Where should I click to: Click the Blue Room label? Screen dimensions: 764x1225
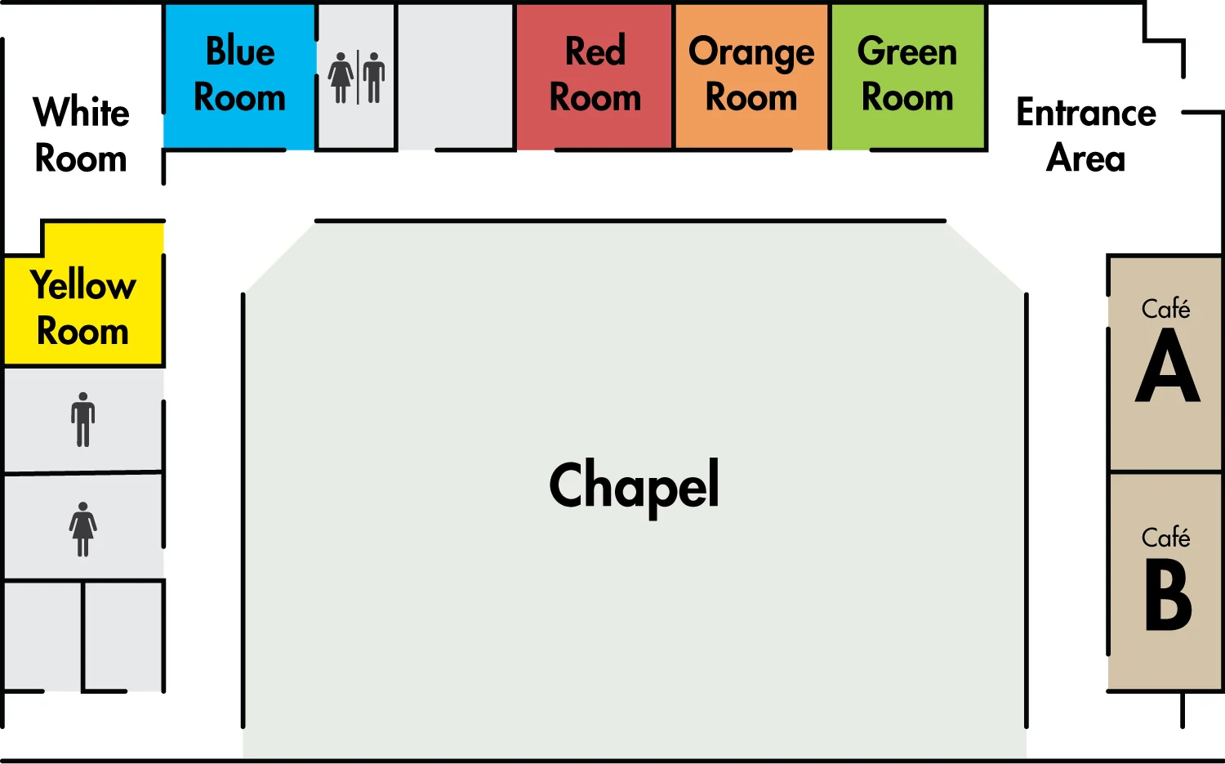(239, 74)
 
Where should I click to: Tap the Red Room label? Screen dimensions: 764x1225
(595, 74)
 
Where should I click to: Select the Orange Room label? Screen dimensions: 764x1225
(751, 74)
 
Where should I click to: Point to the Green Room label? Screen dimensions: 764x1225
(907, 74)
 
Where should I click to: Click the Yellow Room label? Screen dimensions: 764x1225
(82, 308)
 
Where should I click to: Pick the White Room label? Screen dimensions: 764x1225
(81, 135)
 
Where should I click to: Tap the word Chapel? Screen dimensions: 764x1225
(634, 485)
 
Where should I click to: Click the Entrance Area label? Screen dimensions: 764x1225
(1085, 135)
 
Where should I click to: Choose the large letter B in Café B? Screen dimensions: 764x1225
(1168, 595)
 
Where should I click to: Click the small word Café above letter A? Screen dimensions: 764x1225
(1165, 308)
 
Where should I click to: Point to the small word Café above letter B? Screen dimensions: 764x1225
(1165, 537)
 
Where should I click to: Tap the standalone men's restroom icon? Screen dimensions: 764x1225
(82, 420)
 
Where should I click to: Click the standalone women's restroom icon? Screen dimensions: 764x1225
(82, 529)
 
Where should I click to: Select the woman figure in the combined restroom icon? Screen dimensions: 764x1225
(341, 78)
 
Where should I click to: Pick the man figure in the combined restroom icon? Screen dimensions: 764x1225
(374, 78)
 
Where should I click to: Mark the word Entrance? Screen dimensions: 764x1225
(1085, 113)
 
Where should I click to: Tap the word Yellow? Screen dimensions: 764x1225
(82, 285)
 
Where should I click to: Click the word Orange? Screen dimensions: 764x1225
(751, 52)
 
